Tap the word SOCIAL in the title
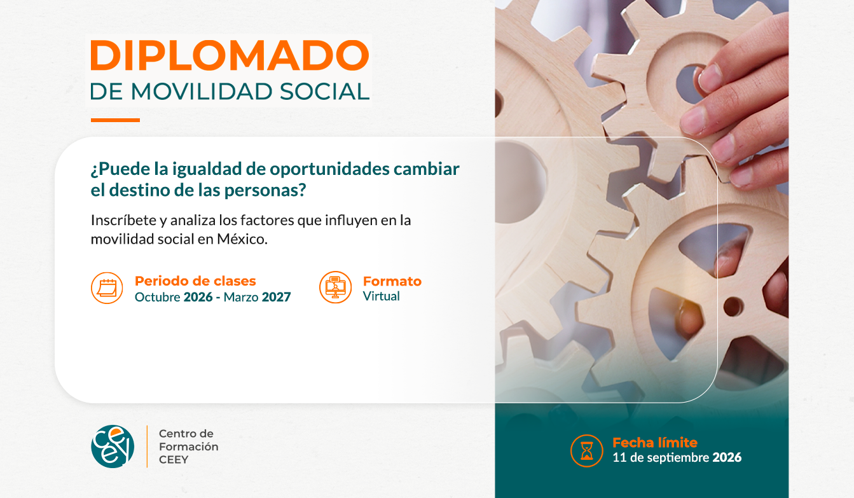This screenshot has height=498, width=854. tap(324, 92)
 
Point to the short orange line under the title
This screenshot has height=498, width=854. tap(115, 120)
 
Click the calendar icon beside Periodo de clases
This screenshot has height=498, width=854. tap(107, 288)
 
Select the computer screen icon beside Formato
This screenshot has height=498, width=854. tap(336, 287)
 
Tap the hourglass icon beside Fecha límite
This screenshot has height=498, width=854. tap(587, 451)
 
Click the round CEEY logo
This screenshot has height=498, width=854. tap(113, 446)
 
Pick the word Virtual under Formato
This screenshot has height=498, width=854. tap(382, 296)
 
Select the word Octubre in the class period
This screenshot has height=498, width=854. tap(158, 297)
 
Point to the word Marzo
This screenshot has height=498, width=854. tap(241, 297)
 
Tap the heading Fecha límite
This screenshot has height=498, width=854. tap(655, 442)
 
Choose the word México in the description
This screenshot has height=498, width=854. tap(242, 239)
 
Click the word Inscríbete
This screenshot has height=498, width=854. tap(123, 220)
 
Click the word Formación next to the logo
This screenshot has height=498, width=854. tap(189, 446)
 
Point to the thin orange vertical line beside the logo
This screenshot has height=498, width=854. tap(147, 446)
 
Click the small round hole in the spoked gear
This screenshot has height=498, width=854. tap(733, 307)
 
